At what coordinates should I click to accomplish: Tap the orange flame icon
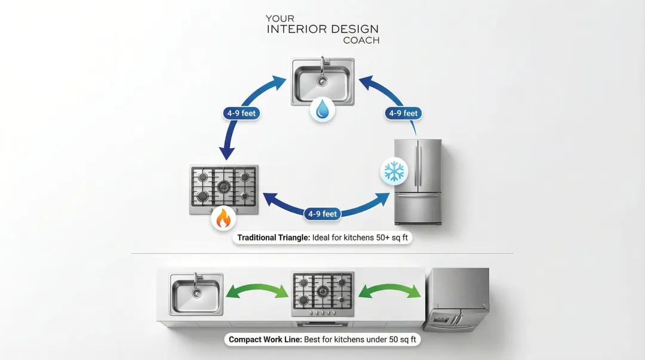(x=222, y=219)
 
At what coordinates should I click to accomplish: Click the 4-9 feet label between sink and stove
(x=241, y=113)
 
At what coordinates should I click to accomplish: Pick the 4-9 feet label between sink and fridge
(x=403, y=113)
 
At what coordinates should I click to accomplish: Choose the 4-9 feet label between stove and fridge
(x=322, y=214)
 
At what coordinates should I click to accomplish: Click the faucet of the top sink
(x=322, y=64)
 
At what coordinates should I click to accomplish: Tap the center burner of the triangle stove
(x=224, y=186)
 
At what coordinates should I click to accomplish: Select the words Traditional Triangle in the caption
(x=272, y=238)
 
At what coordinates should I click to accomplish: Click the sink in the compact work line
(x=196, y=294)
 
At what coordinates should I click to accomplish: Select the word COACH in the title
(x=361, y=41)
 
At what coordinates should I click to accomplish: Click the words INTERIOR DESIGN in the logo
(x=322, y=29)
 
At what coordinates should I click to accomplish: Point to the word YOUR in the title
(x=279, y=19)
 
